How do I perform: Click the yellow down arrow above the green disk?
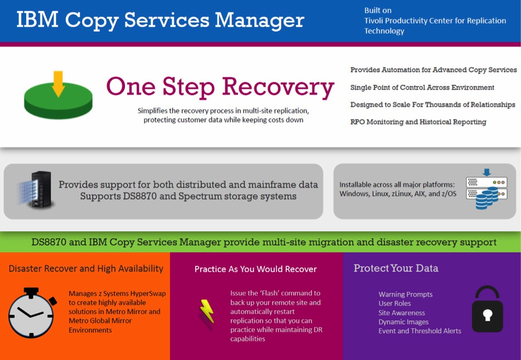coord(58,84)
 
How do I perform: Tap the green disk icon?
coord(58,101)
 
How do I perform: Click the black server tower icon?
coord(41,190)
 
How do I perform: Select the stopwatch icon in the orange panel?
coord(32,313)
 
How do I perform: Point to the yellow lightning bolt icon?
coord(207,311)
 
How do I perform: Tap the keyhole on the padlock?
coord(488,315)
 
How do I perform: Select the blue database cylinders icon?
coord(487,198)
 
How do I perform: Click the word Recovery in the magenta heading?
coord(278,87)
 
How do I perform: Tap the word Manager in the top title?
coord(259,20)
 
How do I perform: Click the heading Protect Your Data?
coord(396,268)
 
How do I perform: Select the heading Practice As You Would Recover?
coord(256,269)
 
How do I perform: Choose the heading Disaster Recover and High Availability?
coord(86,268)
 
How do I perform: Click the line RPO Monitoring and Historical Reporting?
coord(418,122)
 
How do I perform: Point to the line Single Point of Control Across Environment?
coord(422,87)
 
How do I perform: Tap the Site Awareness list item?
coord(401,313)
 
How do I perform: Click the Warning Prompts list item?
coord(405,294)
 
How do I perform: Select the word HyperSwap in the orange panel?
coord(148,294)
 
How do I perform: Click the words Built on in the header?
coord(378,10)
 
